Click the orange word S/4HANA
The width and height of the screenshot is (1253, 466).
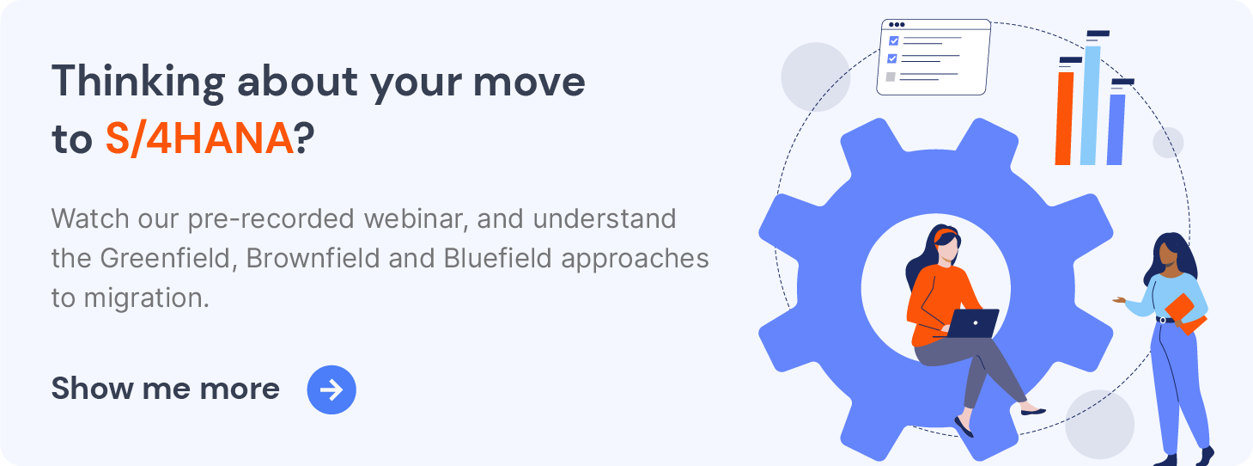click(x=200, y=139)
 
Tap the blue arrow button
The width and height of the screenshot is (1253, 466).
click(x=331, y=389)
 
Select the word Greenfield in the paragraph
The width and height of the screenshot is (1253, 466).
click(x=165, y=258)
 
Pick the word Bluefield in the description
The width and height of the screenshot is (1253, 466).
click(x=498, y=258)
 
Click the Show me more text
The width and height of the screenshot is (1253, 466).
click(x=166, y=388)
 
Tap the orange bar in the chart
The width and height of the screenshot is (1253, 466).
click(x=1064, y=118)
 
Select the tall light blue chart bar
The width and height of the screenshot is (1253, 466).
click(x=1090, y=105)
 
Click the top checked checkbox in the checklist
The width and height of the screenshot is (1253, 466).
click(x=894, y=41)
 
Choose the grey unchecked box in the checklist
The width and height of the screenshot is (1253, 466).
click(x=891, y=77)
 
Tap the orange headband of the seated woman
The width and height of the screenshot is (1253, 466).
click(x=946, y=235)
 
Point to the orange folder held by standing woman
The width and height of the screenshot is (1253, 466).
click(x=1185, y=315)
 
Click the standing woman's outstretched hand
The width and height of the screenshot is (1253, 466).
click(x=1119, y=301)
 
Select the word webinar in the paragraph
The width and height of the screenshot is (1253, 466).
click(x=417, y=218)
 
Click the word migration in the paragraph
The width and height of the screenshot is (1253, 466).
click(x=147, y=298)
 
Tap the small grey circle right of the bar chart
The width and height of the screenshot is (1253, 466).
click(x=1168, y=142)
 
